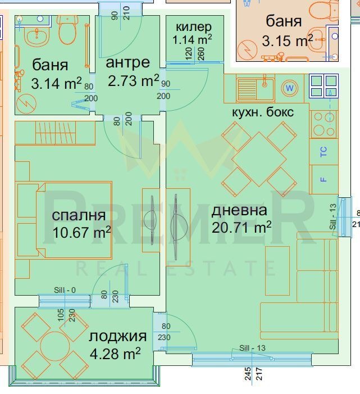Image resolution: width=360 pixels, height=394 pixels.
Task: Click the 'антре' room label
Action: coord(127,62)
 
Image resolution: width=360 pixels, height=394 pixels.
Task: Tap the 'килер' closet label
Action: coord(194,27)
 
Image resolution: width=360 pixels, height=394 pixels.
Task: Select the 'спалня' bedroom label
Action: coord(79,216)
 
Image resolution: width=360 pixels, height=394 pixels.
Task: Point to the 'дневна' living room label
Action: coord(239,211)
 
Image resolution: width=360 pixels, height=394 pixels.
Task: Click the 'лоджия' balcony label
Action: coord(117,337)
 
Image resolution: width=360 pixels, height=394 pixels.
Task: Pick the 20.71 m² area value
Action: coord(241,228)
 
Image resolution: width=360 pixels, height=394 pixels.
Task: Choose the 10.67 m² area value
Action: coord(82,233)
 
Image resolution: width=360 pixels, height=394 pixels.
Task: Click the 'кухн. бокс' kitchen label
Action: coord(263,112)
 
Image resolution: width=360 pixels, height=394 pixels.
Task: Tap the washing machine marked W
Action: coord(290,88)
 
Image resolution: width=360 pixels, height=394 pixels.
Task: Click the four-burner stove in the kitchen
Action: coord(324,124)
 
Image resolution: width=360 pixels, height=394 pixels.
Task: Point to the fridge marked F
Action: coord(324,179)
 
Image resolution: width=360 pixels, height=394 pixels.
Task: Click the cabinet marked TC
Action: coord(324,152)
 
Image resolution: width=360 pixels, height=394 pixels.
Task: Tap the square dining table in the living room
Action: coord(259,159)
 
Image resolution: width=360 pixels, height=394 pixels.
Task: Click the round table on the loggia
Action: coord(55,347)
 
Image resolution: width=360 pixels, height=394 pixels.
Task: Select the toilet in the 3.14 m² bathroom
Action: coord(67,29)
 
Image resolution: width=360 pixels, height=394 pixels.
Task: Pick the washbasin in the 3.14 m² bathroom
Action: coord(37,38)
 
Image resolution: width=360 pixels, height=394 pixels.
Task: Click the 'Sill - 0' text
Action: coord(65,290)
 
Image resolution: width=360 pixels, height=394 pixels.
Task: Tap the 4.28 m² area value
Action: coord(115,353)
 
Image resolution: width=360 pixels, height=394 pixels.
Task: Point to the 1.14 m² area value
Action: coord(192,39)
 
